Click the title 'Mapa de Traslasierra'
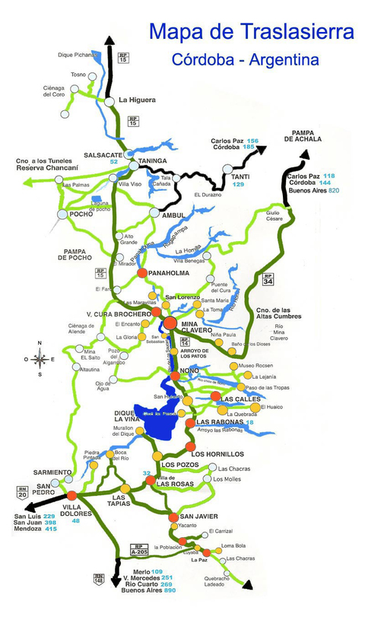(252, 32)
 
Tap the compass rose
(41, 360)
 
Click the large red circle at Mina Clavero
(170, 323)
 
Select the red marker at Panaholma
(141, 272)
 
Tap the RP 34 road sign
(268, 279)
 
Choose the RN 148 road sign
(98, 578)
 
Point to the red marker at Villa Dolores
(71, 495)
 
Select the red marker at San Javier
(173, 517)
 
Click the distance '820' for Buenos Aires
(334, 191)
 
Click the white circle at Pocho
(62, 215)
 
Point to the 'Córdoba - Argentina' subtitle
(246, 59)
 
